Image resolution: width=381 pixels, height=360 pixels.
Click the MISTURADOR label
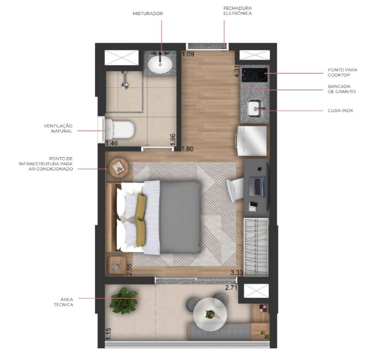(148, 14)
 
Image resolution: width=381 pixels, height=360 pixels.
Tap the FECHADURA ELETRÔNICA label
(238, 11)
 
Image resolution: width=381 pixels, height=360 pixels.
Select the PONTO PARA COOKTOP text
(343, 72)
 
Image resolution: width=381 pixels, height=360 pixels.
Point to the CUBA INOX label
(340, 111)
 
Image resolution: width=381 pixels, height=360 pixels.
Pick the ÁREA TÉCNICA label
(64, 302)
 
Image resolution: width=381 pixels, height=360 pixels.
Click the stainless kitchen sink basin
(256, 108)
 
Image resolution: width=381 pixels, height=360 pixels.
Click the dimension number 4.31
(237, 72)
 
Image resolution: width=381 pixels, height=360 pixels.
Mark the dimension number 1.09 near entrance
(188, 54)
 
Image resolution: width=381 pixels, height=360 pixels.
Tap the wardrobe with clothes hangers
(256, 246)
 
